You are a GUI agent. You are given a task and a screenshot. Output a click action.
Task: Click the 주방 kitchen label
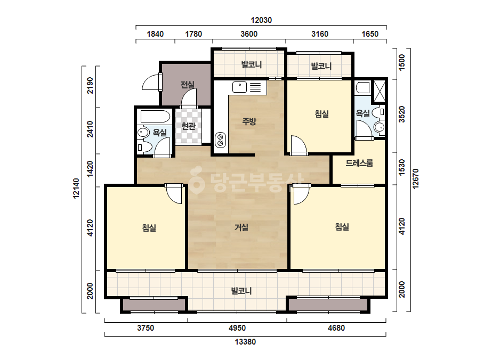click(249, 121)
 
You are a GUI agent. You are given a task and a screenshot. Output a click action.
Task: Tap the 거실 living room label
click(241, 227)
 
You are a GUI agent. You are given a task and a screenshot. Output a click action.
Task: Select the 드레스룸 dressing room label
click(359, 163)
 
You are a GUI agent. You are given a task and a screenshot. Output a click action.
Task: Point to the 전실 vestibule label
click(187, 84)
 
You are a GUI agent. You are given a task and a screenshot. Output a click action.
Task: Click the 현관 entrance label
click(188, 126)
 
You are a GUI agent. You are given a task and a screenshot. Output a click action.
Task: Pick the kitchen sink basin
click(240, 87)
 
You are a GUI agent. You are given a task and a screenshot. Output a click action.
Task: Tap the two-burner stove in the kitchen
click(220, 140)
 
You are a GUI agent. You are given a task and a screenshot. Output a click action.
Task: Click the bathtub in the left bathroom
click(155, 116)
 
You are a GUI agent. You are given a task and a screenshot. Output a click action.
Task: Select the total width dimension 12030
click(261, 20)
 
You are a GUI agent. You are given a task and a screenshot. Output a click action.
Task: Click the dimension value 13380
click(245, 341)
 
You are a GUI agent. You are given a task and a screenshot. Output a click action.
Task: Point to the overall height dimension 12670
click(416, 179)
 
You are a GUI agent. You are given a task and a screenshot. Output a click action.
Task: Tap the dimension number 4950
click(237, 328)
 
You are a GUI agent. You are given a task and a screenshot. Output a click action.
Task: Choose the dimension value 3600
click(249, 34)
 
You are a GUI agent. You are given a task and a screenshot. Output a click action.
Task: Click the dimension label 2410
click(90, 129)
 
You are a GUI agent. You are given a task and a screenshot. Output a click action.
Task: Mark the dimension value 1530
click(402, 167)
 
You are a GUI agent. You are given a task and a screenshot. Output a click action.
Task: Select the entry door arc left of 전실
click(151, 82)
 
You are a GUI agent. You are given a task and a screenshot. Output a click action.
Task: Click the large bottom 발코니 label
click(241, 291)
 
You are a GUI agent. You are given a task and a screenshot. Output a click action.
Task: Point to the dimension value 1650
click(370, 34)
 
